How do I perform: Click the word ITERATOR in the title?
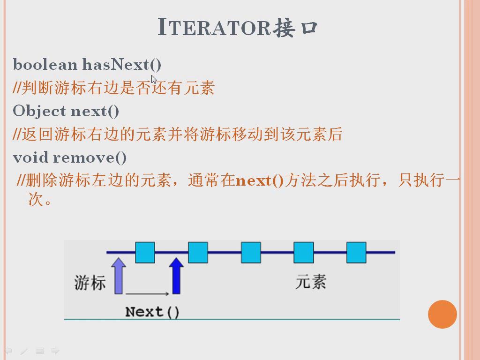click(214, 27)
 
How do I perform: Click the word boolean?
click(45, 65)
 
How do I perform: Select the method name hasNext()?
click(122, 65)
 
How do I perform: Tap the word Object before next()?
click(39, 111)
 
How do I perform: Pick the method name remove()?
click(90, 158)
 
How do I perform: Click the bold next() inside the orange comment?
click(260, 180)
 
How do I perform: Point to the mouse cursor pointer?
click(154, 79)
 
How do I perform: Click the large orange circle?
click(442, 315)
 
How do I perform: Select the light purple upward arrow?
click(119, 276)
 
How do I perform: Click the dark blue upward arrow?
click(176, 276)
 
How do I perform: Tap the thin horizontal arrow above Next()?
click(147, 294)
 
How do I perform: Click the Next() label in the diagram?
click(152, 312)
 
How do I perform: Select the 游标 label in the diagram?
click(90, 282)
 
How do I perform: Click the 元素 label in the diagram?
click(311, 282)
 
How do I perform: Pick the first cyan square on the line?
click(145, 253)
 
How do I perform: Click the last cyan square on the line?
click(356, 253)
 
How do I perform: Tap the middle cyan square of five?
click(251, 253)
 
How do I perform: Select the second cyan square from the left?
click(198, 253)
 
